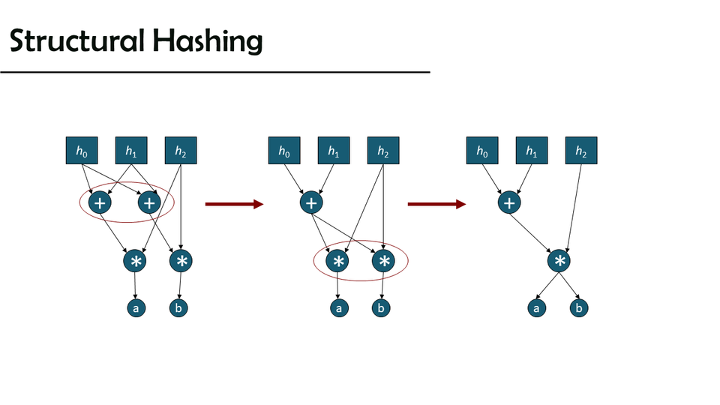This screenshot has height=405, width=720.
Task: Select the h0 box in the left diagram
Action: click(x=82, y=151)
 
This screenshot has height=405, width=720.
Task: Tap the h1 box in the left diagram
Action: click(x=131, y=151)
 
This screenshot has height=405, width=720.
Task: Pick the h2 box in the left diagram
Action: click(x=181, y=151)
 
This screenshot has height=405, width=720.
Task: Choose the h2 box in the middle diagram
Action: click(x=383, y=151)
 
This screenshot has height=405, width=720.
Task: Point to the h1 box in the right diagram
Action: click(x=532, y=151)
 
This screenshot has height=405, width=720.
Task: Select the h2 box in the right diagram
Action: click(x=581, y=151)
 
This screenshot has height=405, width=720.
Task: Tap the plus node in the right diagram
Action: click(x=509, y=202)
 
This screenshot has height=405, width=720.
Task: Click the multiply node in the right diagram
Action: click(x=559, y=261)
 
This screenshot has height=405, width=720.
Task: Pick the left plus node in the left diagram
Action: click(x=100, y=202)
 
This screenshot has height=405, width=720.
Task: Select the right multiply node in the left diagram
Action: click(x=181, y=261)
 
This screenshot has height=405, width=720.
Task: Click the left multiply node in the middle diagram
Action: click(x=338, y=261)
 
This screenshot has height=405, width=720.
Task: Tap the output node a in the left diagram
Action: click(x=135, y=307)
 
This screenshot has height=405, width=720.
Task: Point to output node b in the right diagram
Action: click(x=580, y=307)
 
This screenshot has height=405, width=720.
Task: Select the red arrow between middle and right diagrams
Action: click(x=436, y=203)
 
